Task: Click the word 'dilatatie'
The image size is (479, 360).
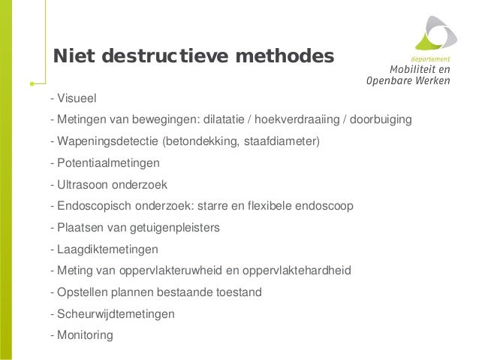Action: (x=225, y=119)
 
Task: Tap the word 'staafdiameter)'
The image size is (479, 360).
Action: (x=282, y=141)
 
